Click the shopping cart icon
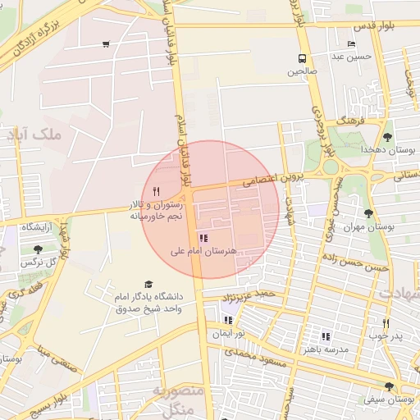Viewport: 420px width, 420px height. pyautogui.click(x=106, y=44)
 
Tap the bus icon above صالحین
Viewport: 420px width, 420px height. pyautogui.click(x=302, y=58)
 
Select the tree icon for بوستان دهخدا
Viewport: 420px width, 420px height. pyautogui.click(x=387, y=137)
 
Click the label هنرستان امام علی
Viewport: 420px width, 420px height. pyautogui.click(x=203, y=250)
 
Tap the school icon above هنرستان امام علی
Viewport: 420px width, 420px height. pyautogui.click(x=203, y=237)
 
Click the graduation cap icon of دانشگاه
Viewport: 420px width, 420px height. pyautogui.click(x=148, y=283)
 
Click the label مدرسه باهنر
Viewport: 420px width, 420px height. pyautogui.click(x=326, y=349)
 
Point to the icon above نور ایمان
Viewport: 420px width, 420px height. pyautogui.click(x=227, y=320)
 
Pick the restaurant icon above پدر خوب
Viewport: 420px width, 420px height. pyautogui.click(x=386, y=323)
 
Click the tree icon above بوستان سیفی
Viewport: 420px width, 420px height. pyautogui.click(x=388, y=386)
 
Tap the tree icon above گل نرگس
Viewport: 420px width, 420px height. pyautogui.click(x=37, y=249)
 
